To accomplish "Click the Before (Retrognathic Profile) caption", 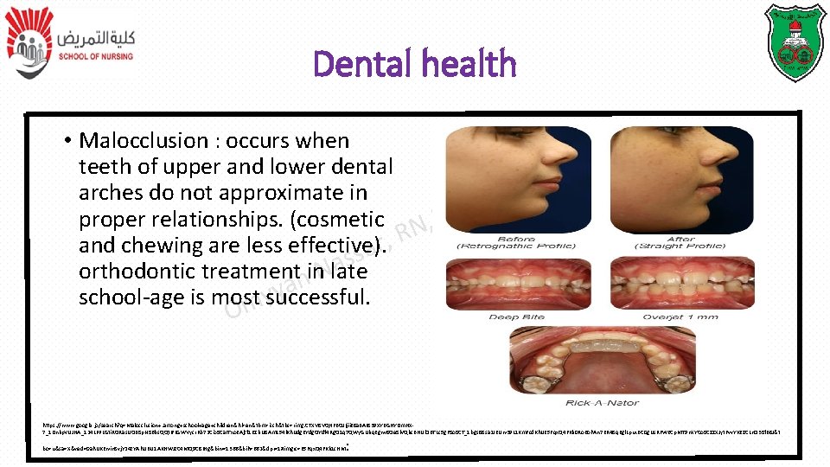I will (x=517, y=242).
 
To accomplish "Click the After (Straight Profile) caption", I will (x=682, y=242).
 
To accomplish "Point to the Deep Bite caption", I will (x=516, y=317).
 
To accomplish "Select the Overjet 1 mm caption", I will (x=682, y=317).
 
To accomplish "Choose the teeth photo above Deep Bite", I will (x=516, y=283).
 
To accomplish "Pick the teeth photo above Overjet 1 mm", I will (x=682, y=283).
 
